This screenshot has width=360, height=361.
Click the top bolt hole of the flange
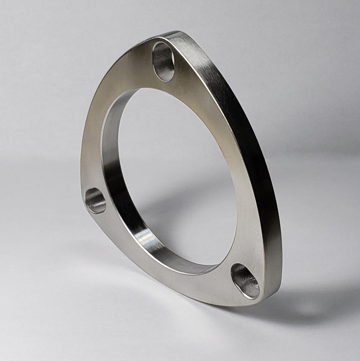[164, 61]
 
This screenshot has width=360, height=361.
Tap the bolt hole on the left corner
[95, 200]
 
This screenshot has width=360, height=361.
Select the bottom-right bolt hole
[245, 281]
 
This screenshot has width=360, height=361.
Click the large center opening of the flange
[181, 176]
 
